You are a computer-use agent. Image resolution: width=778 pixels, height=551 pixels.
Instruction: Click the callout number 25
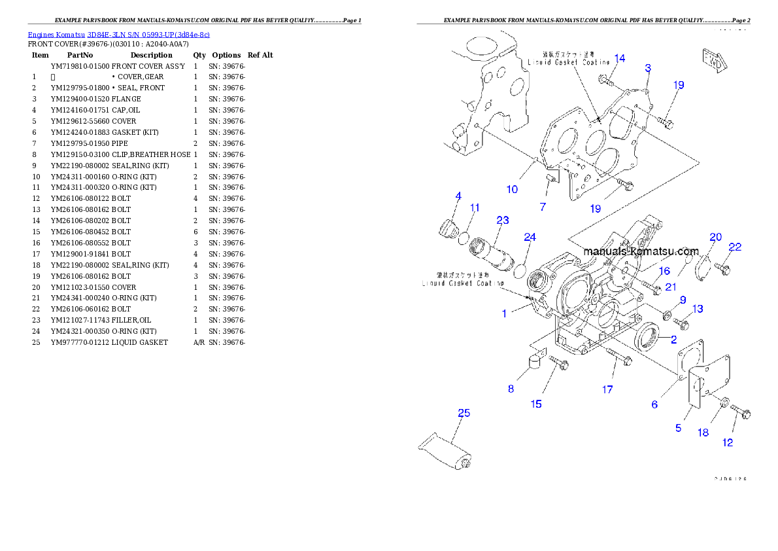pyautogui.click(x=464, y=413)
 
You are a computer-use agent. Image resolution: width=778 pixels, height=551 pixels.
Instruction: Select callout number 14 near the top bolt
pyautogui.click(x=619, y=58)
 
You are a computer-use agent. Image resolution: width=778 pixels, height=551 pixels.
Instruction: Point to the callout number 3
pyautogui.click(x=647, y=68)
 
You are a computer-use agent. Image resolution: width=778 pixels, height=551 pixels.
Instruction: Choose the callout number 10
pyautogui.click(x=512, y=189)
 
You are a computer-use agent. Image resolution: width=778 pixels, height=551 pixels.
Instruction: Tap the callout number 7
pyautogui.click(x=543, y=207)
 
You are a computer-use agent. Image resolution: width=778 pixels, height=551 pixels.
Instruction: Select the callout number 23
pyautogui.click(x=502, y=221)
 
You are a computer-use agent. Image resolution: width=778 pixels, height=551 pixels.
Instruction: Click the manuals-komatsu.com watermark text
pyautogui.click(x=641, y=251)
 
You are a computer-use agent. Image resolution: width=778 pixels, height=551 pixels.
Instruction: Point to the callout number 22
pyautogui.click(x=735, y=247)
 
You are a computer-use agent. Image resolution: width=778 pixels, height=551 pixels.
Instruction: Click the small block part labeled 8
pyautogui.click(x=535, y=361)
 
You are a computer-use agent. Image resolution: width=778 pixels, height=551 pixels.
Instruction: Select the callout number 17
pyautogui.click(x=607, y=389)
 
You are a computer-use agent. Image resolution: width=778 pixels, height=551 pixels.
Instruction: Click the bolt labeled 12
pyautogui.click(x=740, y=413)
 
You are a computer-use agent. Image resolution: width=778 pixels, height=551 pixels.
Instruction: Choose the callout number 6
pyautogui.click(x=654, y=404)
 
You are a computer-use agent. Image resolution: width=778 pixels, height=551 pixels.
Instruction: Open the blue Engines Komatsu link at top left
pyautogui.click(x=118, y=34)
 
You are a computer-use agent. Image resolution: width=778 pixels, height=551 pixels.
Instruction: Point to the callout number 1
pyautogui.click(x=504, y=313)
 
